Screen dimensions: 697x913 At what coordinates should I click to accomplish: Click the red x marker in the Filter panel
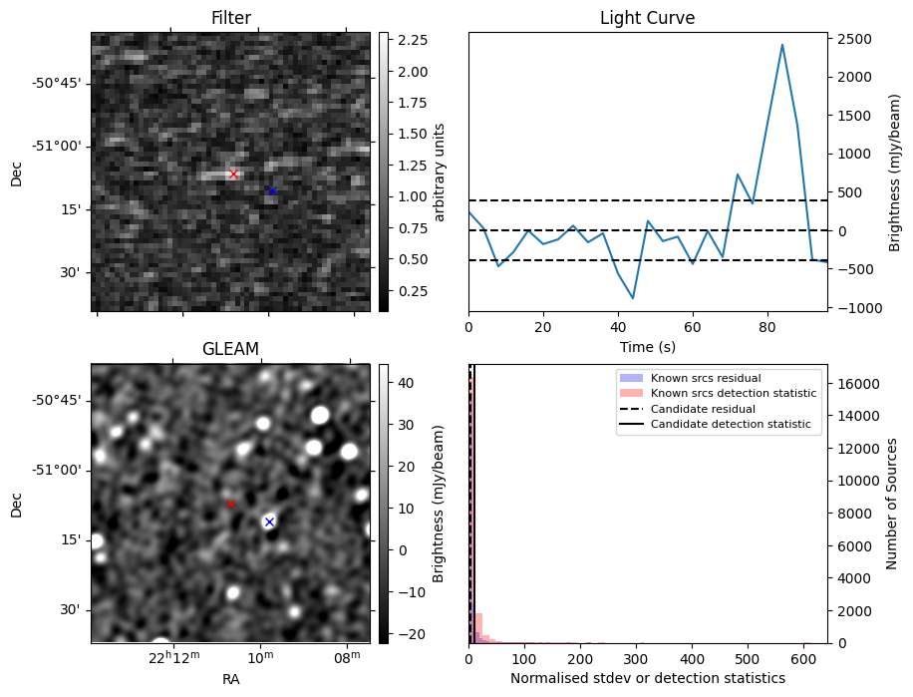click(233, 174)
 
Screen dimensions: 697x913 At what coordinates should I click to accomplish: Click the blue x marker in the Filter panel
click(271, 190)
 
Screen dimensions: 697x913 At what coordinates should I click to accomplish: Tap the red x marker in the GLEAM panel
click(230, 505)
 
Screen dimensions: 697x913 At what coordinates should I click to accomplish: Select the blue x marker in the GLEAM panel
click(269, 522)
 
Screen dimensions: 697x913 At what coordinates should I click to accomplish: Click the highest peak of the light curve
click(782, 45)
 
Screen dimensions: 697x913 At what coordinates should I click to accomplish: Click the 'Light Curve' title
click(647, 18)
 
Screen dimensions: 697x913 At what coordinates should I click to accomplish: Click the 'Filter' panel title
click(231, 18)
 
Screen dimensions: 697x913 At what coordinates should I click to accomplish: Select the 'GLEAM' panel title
click(230, 348)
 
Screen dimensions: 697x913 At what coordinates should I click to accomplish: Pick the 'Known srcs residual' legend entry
click(705, 379)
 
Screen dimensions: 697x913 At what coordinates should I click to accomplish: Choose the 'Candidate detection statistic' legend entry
click(731, 425)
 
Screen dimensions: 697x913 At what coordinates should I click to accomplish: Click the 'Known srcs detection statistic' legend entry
click(733, 394)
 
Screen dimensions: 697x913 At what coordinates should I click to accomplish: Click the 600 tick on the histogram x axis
click(803, 659)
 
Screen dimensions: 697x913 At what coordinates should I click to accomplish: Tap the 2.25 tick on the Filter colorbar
click(413, 40)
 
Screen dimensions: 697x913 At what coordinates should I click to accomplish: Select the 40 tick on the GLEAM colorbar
click(406, 382)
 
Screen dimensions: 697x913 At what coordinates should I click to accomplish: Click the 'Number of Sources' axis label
click(893, 504)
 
